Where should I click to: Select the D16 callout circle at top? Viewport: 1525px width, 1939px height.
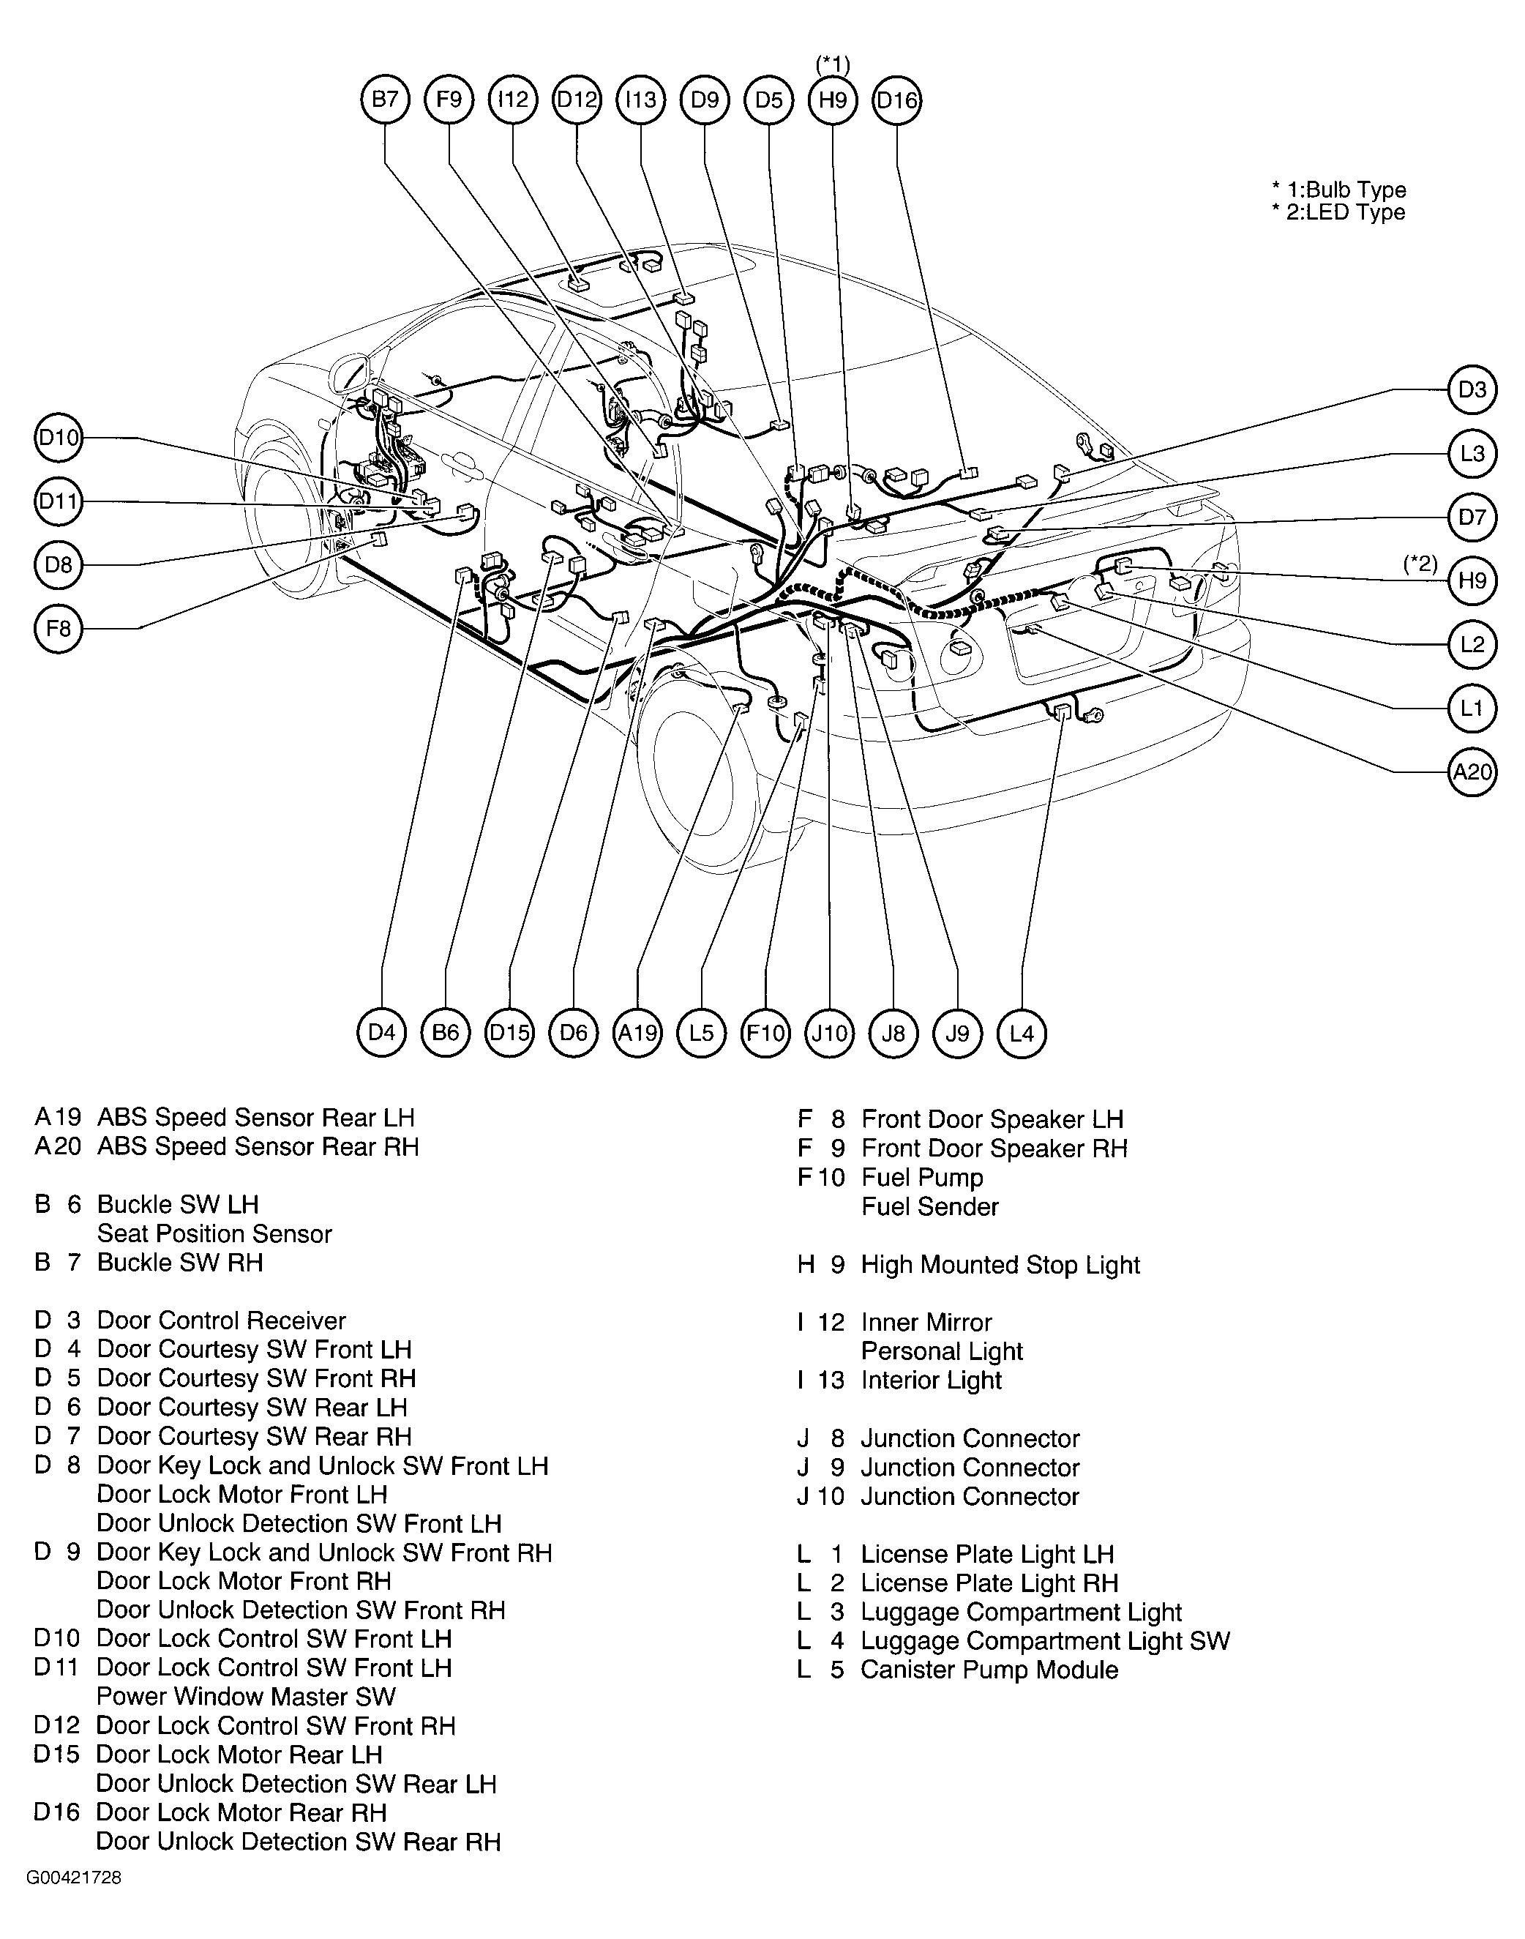(x=896, y=100)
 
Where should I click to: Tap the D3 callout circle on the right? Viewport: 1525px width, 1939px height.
(x=1472, y=389)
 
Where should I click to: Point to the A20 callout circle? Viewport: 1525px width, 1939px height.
(x=1472, y=771)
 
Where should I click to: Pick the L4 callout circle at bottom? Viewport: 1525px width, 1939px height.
(x=1022, y=1034)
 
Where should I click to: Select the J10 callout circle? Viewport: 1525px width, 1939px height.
(x=830, y=1034)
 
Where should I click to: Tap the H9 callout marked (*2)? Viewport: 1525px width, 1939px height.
(x=1472, y=580)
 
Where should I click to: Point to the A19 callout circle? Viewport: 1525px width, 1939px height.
(x=637, y=1034)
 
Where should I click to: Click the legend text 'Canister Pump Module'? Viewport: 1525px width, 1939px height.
(x=989, y=1670)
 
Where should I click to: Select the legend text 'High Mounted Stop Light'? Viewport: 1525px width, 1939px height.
(x=1000, y=1265)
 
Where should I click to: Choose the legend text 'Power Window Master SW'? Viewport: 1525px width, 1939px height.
(x=246, y=1696)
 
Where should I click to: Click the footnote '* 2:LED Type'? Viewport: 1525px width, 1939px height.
(x=1338, y=212)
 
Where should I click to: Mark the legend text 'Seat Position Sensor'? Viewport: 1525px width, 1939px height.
(x=214, y=1233)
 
